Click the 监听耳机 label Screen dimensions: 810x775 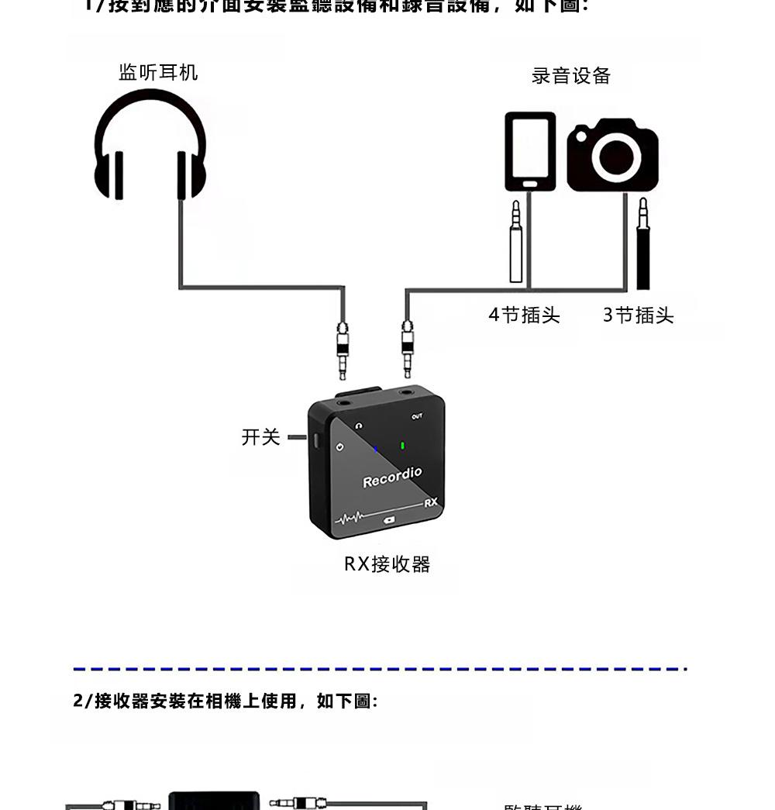click(x=158, y=73)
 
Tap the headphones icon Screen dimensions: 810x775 click(x=150, y=146)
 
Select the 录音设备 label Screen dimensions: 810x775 click(x=571, y=76)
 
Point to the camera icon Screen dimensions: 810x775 click(x=613, y=155)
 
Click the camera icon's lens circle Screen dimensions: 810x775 click(x=617, y=157)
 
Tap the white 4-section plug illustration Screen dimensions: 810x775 click(x=515, y=242)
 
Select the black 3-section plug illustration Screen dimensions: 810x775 click(x=642, y=244)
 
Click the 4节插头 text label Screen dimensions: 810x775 click(x=524, y=315)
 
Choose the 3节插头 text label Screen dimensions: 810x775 click(x=639, y=315)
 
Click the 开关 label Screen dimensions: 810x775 click(x=260, y=437)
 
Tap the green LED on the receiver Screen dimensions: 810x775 click(x=403, y=446)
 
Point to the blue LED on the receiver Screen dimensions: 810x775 click(x=376, y=449)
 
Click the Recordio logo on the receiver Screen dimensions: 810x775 click(x=392, y=477)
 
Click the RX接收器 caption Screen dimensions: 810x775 click(x=387, y=564)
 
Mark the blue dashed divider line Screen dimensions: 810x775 click(x=380, y=668)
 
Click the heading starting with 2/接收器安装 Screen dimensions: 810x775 click(x=225, y=701)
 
